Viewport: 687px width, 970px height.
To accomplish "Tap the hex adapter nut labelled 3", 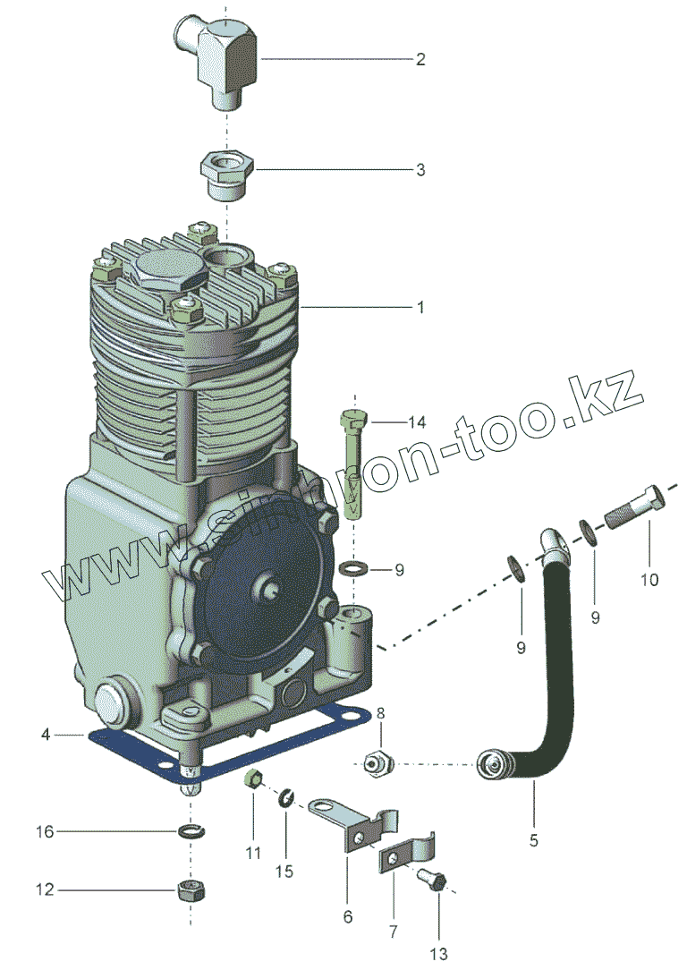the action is [x=227, y=172].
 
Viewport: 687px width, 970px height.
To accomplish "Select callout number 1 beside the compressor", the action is [x=419, y=307].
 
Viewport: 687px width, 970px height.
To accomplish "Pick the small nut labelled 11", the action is [x=253, y=779].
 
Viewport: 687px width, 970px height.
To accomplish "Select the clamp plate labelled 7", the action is [x=406, y=855].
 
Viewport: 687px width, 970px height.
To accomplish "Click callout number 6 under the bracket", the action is [x=348, y=916].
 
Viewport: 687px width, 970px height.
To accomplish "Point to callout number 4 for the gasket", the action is [x=45, y=735].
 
